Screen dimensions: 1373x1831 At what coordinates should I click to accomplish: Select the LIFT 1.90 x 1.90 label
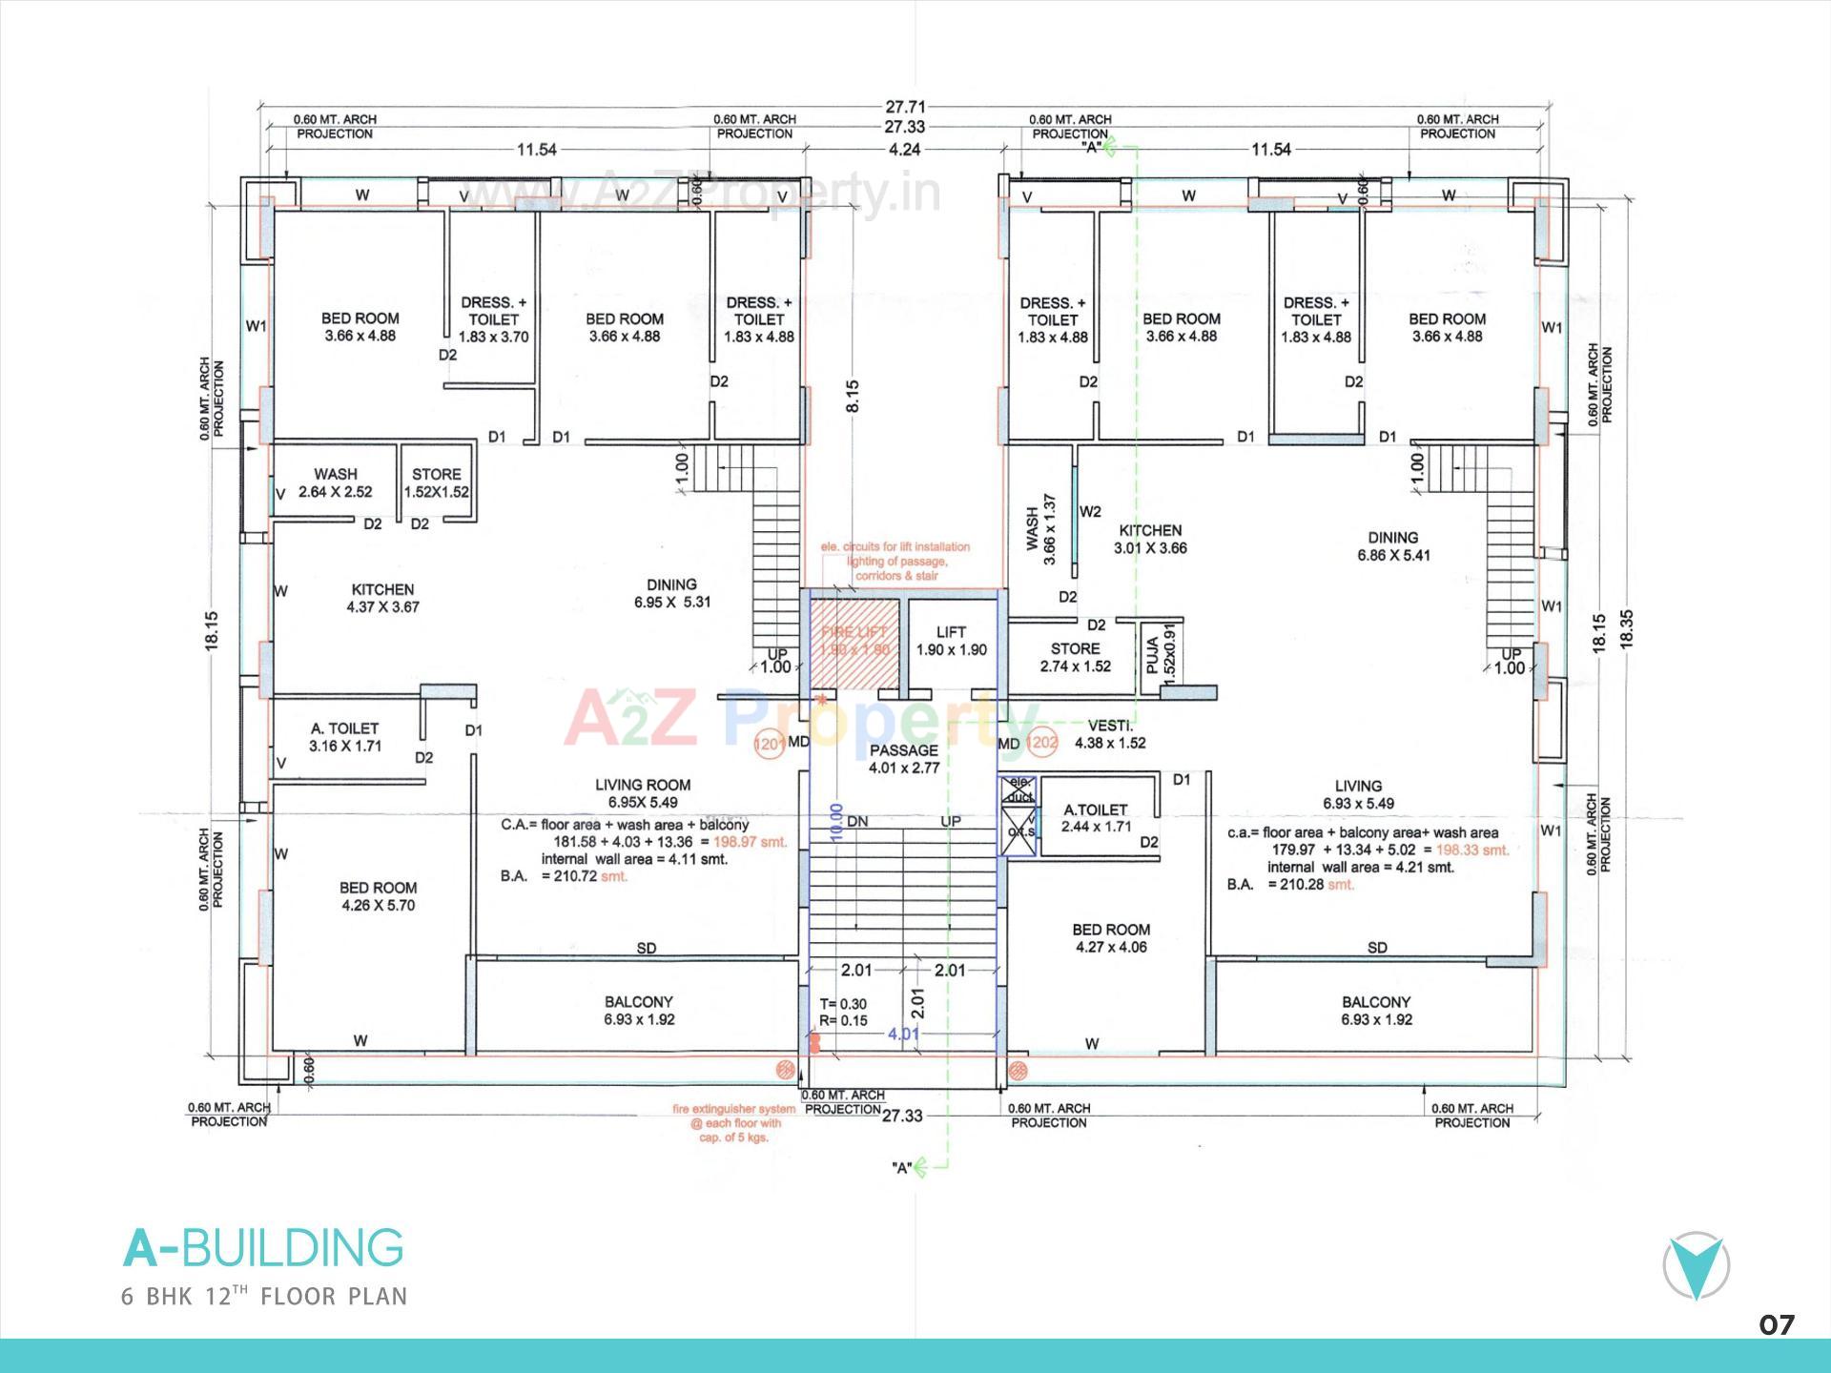[x=951, y=641]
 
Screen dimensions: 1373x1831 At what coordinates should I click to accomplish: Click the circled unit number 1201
[x=769, y=743]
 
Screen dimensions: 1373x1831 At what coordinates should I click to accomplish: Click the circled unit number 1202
[x=1042, y=743]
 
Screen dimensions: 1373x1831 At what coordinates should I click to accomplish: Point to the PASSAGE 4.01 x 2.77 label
[x=903, y=759]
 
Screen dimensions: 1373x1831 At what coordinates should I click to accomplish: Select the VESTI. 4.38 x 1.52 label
[x=1110, y=734]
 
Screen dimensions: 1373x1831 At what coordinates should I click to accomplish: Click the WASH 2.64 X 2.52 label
[x=335, y=482]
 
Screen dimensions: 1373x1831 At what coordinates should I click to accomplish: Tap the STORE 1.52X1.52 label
[x=436, y=482]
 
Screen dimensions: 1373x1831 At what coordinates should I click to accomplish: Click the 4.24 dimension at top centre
[x=904, y=150]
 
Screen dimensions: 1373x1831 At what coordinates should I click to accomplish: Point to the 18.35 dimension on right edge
[x=1626, y=629]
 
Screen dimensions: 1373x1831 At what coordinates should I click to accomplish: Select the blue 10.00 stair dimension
[x=836, y=821]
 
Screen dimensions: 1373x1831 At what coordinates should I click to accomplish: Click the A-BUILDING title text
[x=263, y=1248]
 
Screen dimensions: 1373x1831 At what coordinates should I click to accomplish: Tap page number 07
[x=1776, y=1324]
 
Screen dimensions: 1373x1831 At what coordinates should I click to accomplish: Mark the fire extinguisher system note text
[x=734, y=1123]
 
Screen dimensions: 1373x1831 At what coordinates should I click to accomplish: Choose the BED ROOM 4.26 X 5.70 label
[x=378, y=896]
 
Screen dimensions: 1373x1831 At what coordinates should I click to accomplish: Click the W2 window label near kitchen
[x=1090, y=512]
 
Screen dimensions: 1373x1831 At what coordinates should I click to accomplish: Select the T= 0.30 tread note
[x=843, y=1004]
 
